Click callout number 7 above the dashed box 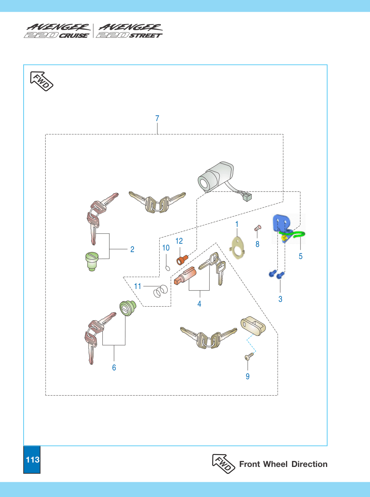point(157,118)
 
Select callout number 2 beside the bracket point(132,249)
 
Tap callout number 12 point(179,241)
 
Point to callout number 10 point(166,248)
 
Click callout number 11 point(138,286)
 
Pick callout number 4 point(199,304)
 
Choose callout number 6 point(114,368)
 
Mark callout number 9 point(248,376)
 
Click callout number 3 point(280,299)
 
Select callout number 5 point(300,256)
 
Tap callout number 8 point(257,244)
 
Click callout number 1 point(237,224)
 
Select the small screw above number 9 point(249,356)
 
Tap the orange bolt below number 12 point(182,260)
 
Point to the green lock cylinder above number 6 point(128,308)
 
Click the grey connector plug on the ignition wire point(247,197)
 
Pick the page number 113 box point(32,460)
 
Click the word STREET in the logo point(146,36)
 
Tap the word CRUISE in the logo point(74,36)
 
